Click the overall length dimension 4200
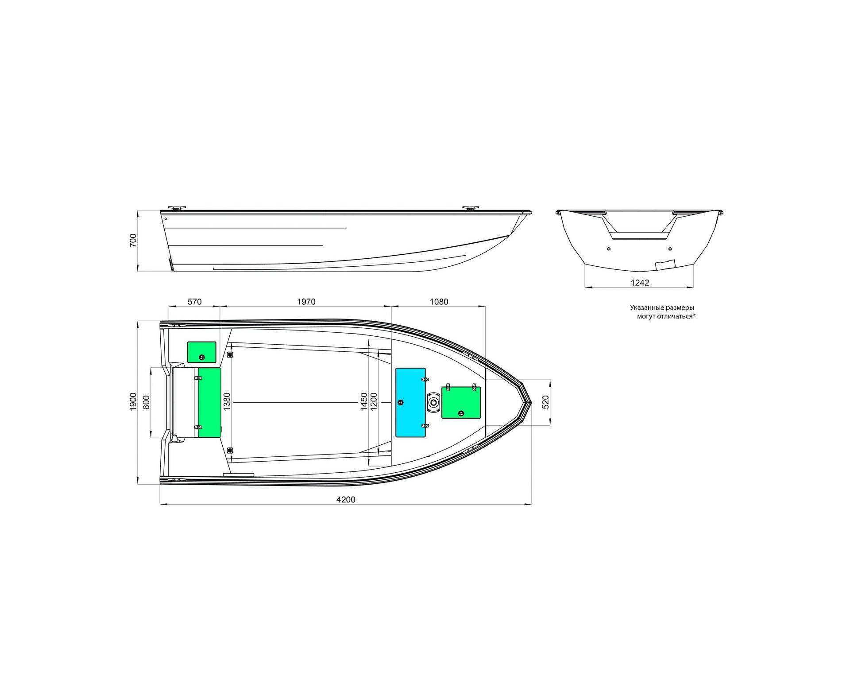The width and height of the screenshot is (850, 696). pos(346,499)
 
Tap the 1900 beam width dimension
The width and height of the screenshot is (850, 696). pos(133,402)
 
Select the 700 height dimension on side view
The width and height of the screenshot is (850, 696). pos(133,240)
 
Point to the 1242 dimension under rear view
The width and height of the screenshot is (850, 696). pos(640,283)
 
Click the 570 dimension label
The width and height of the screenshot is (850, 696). pos(194,302)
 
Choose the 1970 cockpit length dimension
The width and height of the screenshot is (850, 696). pos(306,302)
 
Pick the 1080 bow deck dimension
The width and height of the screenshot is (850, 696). pos(439,302)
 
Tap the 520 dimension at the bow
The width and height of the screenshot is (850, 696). pos(545,402)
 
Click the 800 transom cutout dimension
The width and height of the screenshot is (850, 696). pos(147,402)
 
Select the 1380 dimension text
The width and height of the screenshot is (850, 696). pos(227,402)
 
